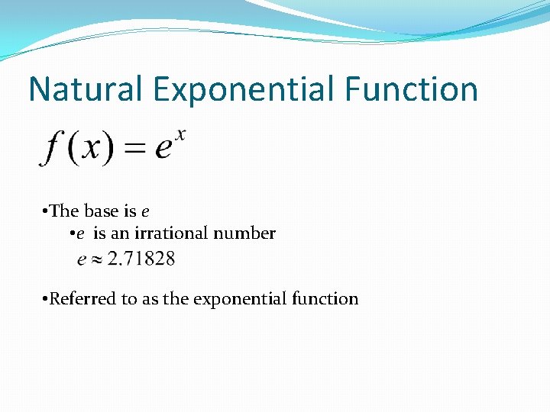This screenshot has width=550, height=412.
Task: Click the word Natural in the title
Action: click(x=86, y=89)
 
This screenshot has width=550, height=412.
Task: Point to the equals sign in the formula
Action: click(x=134, y=148)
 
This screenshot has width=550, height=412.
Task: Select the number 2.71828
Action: click(x=141, y=259)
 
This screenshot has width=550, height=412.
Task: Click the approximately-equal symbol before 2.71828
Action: click(x=97, y=260)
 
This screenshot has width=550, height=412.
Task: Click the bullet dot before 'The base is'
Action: click(x=46, y=211)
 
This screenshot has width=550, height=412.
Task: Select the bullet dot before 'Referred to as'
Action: click(x=46, y=299)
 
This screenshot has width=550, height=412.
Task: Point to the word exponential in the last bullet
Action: click(x=240, y=299)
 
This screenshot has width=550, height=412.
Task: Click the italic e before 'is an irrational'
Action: click(x=80, y=233)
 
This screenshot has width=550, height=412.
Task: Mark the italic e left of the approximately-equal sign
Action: click(x=82, y=260)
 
